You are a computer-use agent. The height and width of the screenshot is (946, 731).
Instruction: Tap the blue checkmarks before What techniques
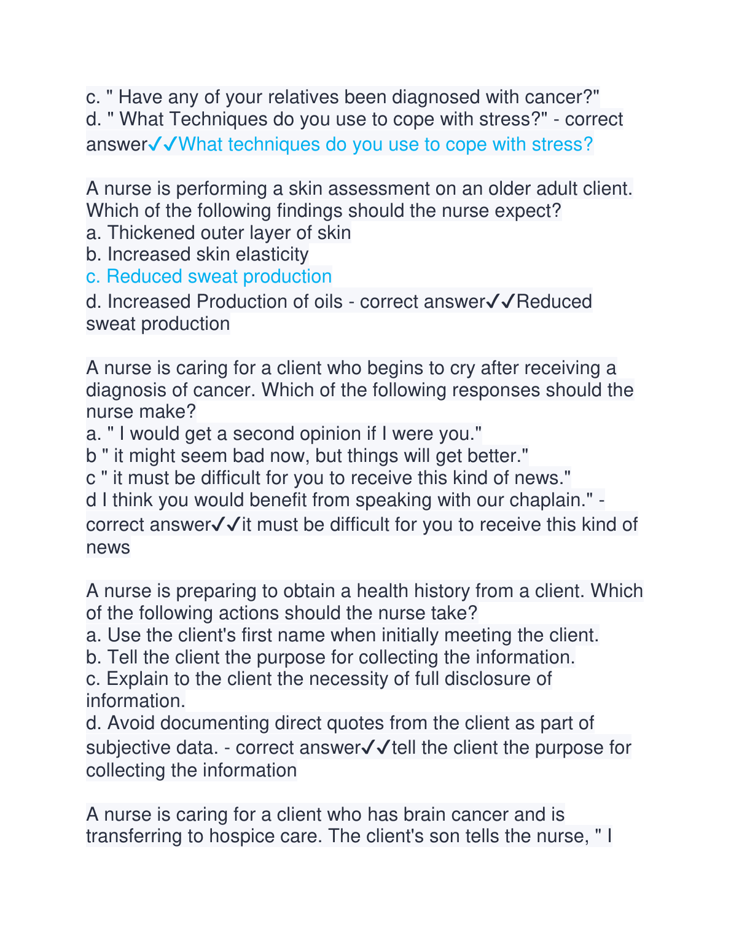[x=163, y=144]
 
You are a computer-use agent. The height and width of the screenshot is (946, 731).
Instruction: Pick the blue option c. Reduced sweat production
[x=209, y=276]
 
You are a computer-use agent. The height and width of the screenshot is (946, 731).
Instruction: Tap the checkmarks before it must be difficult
[x=226, y=525]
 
